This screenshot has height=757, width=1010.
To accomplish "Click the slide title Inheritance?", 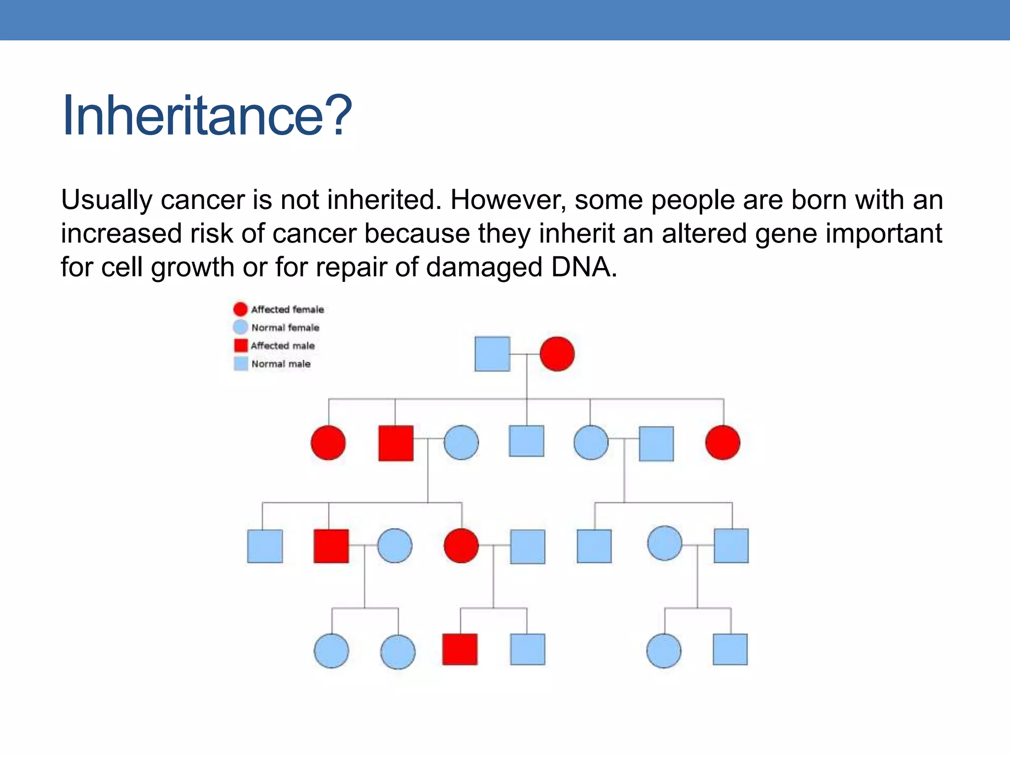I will [x=207, y=116].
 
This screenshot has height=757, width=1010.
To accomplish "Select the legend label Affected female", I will [x=288, y=310].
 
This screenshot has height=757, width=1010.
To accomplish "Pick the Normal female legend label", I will [x=285, y=328].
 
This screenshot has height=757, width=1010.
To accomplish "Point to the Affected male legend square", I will [x=241, y=345].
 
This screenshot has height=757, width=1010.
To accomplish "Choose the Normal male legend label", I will [x=281, y=364].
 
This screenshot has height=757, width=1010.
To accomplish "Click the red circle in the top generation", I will [x=557, y=354].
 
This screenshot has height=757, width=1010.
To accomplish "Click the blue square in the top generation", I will [x=492, y=354].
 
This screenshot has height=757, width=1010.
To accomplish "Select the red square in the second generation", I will [x=396, y=443].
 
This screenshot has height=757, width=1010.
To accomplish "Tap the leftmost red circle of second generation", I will [x=328, y=443].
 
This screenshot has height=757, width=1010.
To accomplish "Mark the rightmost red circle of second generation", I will [x=723, y=443].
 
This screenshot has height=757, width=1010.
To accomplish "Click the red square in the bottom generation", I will [x=460, y=650].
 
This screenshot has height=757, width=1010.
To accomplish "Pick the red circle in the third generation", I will [x=461, y=546].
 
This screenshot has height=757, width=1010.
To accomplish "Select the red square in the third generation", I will [x=331, y=546].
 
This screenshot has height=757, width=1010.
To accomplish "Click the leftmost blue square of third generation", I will [x=265, y=546].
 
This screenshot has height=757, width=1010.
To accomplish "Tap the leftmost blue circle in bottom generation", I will [x=331, y=651].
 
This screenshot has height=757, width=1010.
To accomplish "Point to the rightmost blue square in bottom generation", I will [x=730, y=650].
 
